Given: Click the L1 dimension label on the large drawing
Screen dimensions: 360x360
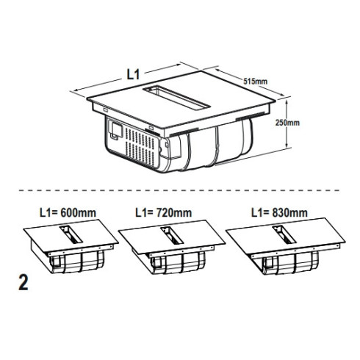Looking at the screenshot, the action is pos(133,74).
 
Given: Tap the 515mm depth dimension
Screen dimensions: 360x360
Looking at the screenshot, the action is pos(255,81).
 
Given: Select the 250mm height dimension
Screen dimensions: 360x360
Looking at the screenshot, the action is pos(287,123).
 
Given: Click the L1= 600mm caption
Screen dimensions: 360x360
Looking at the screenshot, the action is pos(68,212).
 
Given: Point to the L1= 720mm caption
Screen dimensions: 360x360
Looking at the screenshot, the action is pos(164,212).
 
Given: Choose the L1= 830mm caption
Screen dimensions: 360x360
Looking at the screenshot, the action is pos(279,212).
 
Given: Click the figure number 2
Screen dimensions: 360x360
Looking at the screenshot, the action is pos(24,283).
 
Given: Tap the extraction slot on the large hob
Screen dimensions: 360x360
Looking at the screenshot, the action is pos(176,98).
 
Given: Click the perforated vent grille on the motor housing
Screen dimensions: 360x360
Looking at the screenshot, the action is pos(141,146).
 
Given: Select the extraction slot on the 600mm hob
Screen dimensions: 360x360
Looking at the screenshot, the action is pos(71,234).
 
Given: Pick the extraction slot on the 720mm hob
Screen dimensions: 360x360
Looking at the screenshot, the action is pos(172,235).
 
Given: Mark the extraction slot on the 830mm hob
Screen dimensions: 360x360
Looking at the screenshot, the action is pos(284,235).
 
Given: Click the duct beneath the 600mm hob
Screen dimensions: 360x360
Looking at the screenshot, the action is pos(77,262).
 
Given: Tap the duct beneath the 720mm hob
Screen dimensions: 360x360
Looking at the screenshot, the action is pos(178,263).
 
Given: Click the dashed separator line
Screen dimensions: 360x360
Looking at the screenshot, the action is pos(179,190).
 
